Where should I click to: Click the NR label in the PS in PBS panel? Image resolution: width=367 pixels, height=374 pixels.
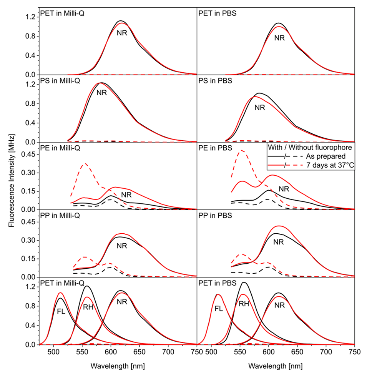[x=260, y=108]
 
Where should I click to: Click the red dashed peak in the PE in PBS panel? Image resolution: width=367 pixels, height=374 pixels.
[x=242, y=150]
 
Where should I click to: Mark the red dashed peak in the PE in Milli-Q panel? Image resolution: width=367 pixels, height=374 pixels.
[x=85, y=163]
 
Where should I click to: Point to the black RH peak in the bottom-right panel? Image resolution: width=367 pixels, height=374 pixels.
[x=243, y=283]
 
